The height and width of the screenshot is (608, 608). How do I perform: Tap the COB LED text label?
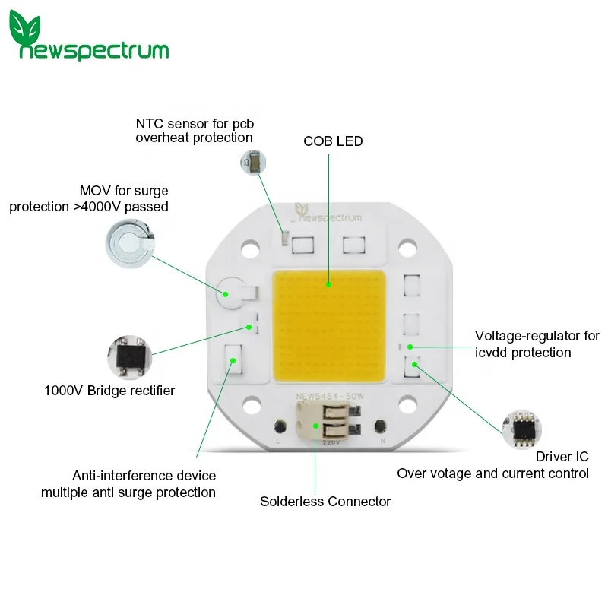point(333,141)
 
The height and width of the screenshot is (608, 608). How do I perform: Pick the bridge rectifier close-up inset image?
point(128,356)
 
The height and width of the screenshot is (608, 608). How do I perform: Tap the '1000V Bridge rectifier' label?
point(109,391)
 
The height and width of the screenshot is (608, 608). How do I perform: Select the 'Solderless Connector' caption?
point(325,502)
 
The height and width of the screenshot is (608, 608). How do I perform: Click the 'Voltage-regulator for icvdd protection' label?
point(537,344)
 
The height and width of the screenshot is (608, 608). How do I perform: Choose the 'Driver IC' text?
point(562,457)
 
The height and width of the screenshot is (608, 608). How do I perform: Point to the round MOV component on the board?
point(226,290)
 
